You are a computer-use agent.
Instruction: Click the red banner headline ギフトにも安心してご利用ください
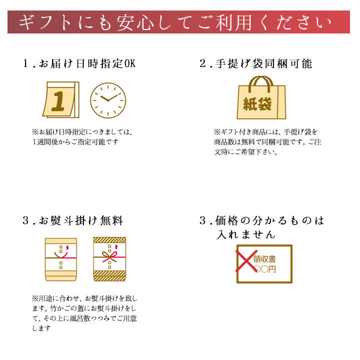click(175, 22)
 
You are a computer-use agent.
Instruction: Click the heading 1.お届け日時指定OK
click(79, 63)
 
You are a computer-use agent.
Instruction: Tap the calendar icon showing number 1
click(61, 99)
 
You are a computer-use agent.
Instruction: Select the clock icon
click(108, 100)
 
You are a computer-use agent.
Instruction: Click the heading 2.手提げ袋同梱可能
click(256, 63)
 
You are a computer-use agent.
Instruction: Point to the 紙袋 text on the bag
click(257, 104)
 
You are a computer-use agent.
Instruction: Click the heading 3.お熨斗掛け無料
click(73, 220)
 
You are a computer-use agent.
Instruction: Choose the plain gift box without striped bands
click(61, 259)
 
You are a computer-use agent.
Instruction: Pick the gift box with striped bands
click(109, 259)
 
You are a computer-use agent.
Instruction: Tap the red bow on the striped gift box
click(109, 256)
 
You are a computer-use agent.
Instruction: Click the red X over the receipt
click(246, 261)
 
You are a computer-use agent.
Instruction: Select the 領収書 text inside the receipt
click(264, 259)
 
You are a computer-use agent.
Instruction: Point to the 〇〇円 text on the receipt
click(265, 269)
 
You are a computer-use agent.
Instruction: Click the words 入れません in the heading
click(245, 234)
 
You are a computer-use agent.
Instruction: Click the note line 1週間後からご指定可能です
click(75, 142)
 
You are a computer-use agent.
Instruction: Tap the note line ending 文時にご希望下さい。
click(246, 152)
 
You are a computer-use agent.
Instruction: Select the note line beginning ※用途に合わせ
click(84, 298)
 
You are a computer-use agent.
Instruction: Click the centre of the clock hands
click(108, 100)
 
